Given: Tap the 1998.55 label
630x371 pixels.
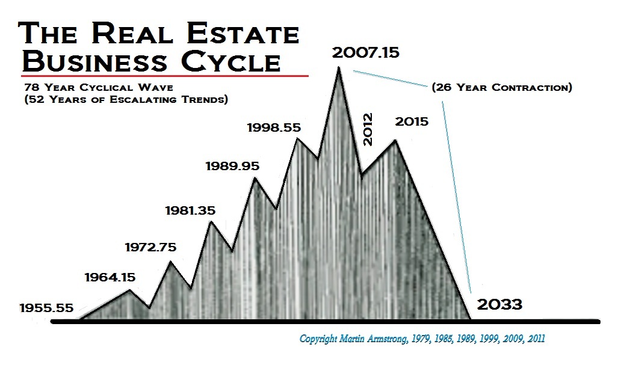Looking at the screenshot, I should point(274,127).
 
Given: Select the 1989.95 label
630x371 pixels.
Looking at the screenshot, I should point(232,165).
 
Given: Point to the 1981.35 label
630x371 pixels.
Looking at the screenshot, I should point(190,210).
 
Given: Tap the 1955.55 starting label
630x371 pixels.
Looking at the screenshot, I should point(46,308).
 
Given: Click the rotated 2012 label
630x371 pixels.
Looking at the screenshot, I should point(369,129).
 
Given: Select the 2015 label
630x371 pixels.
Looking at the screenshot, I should point(412,121).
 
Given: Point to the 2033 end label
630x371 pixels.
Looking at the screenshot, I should point(499,304).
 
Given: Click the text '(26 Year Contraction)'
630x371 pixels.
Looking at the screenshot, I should point(501,87).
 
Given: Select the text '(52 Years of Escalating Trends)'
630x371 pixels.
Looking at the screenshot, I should point(123,99).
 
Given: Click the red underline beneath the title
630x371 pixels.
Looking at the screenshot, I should point(164,76).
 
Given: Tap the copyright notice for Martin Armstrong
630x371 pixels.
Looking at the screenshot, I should point(422,339).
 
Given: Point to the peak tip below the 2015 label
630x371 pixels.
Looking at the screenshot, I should point(395,141).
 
